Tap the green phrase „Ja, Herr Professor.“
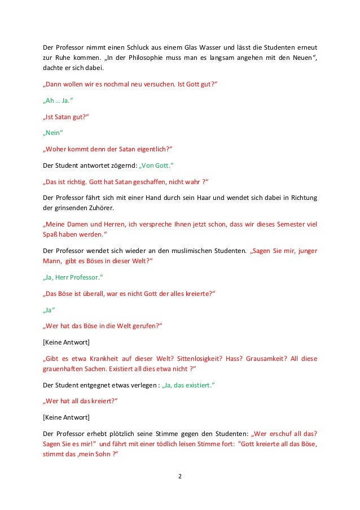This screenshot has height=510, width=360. coord(73,278)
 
